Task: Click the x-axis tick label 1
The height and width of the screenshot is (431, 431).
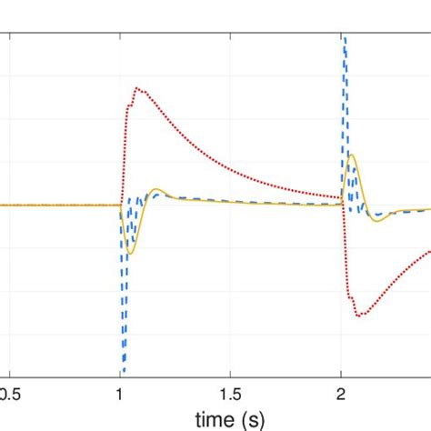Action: click(120, 395)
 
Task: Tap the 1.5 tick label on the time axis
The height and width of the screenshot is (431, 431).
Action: click(230, 395)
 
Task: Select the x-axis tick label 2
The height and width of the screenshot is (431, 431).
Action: click(341, 395)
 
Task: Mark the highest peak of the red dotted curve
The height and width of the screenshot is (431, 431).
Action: click(136, 88)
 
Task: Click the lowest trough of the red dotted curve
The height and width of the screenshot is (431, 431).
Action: click(360, 316)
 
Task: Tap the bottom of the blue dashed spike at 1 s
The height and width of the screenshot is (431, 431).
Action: click(123, 373)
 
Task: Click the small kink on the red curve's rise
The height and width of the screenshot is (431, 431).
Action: click(128, 106)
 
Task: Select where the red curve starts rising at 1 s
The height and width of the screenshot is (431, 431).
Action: click(121, 205)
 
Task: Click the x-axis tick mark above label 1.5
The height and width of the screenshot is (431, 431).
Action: click(231, 374)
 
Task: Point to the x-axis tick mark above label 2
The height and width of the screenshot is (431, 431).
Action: click(341, 374)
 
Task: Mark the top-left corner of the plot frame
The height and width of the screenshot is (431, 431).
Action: click(0, 34)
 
